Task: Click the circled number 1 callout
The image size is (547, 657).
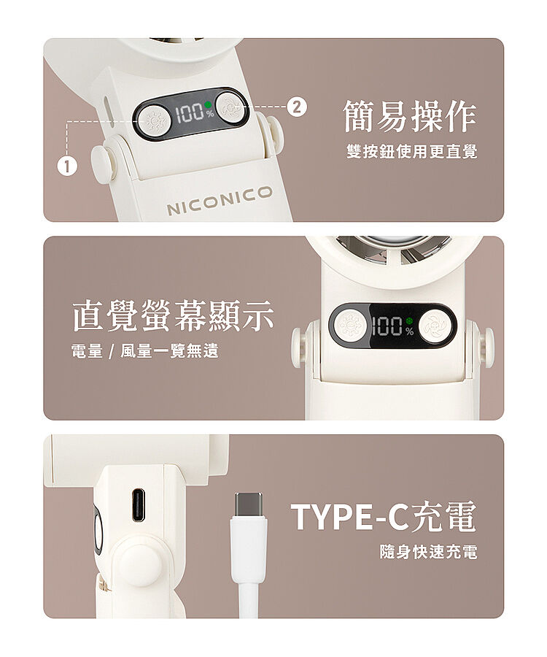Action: pyautogui.click(x=67, y=166)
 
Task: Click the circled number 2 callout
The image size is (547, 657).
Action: pyautogui.click(x=296, y=107)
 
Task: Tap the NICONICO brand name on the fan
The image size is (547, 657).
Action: pyautogui.click(x=220, y=200)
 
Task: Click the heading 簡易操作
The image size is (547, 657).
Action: pyautogui.click(x=410, y=116)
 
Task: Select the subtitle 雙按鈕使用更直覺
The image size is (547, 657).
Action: pyautogui.click(x=412, y=151)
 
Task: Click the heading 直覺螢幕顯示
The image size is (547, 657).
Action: pyautogui.click(x=174, y=315)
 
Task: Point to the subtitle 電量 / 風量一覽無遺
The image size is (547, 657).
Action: pyautogui.click(x=145, y=350)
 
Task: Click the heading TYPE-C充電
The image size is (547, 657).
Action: pyautogui.click(x=384, y=516)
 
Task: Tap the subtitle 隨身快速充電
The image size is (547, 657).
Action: pyautogui.click(x=428, y=551)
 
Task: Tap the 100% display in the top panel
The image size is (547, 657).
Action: pyautogui.click(x=194, y=112)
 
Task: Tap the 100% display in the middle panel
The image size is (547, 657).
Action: pyautogui.click(x=392, y=326)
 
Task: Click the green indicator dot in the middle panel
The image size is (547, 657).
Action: pyautogui.click(x=409, y=321)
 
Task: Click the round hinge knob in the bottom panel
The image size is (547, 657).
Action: pyautogui.click(x=141, y=565)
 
